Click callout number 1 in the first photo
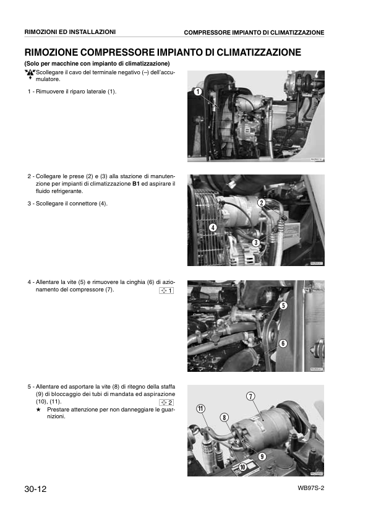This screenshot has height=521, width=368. tap(197, 92)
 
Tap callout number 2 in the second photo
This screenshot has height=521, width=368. tap(262, 203)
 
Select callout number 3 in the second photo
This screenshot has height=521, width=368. tap(255, 242)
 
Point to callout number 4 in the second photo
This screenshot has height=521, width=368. tap(213, 227)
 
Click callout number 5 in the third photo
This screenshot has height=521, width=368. tap(283, 305)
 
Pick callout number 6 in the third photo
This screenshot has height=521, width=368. tap(283, 343)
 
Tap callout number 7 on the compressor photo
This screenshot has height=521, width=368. tap(251, 396)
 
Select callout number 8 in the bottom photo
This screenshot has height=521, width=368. tap(224, 417)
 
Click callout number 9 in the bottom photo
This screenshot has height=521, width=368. tap(262, 456)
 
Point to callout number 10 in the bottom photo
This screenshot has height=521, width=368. tap(242, 467)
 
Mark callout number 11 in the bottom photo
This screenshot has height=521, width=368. tap(201, 408)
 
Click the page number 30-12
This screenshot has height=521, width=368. tap(35, 489)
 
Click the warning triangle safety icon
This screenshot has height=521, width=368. tap(29, 74)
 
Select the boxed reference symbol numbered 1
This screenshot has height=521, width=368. tap(166, 291)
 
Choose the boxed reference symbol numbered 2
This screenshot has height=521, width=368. tap(166, 403)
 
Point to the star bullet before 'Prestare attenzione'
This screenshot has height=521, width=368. tap(38, 410)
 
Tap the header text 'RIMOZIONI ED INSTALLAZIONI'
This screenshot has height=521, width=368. tap(69, 32)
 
